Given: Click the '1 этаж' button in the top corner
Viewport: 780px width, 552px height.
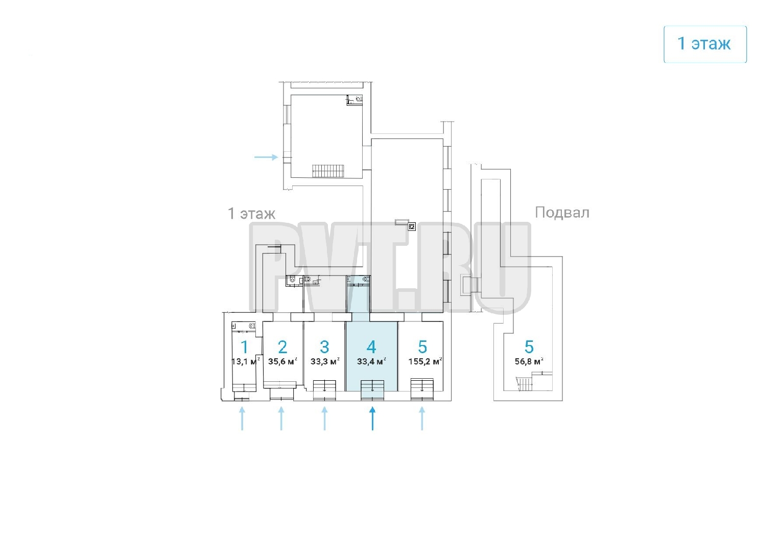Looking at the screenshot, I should (704, 44).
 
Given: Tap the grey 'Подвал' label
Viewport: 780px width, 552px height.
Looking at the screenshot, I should (562, 212).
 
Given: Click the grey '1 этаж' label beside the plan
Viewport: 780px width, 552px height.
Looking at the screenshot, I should (251, 213).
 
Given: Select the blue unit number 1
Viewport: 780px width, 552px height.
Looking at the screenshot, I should (244, 347).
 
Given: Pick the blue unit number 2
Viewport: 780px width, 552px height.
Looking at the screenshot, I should (282, 347).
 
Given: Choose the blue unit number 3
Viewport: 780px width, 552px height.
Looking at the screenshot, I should (324, 347).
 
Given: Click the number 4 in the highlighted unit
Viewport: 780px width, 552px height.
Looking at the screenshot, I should (371, 347).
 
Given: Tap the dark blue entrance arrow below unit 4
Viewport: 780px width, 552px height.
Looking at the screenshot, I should (372, 418).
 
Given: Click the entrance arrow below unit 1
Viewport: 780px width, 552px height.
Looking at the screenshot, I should (242, 418).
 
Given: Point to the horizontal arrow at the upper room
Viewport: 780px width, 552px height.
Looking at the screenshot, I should (266, 157).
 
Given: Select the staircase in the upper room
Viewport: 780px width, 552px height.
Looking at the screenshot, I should (328, 171).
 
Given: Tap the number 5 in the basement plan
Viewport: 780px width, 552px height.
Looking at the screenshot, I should (529, 347).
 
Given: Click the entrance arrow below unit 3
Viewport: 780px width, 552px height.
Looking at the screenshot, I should (324, 418).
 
